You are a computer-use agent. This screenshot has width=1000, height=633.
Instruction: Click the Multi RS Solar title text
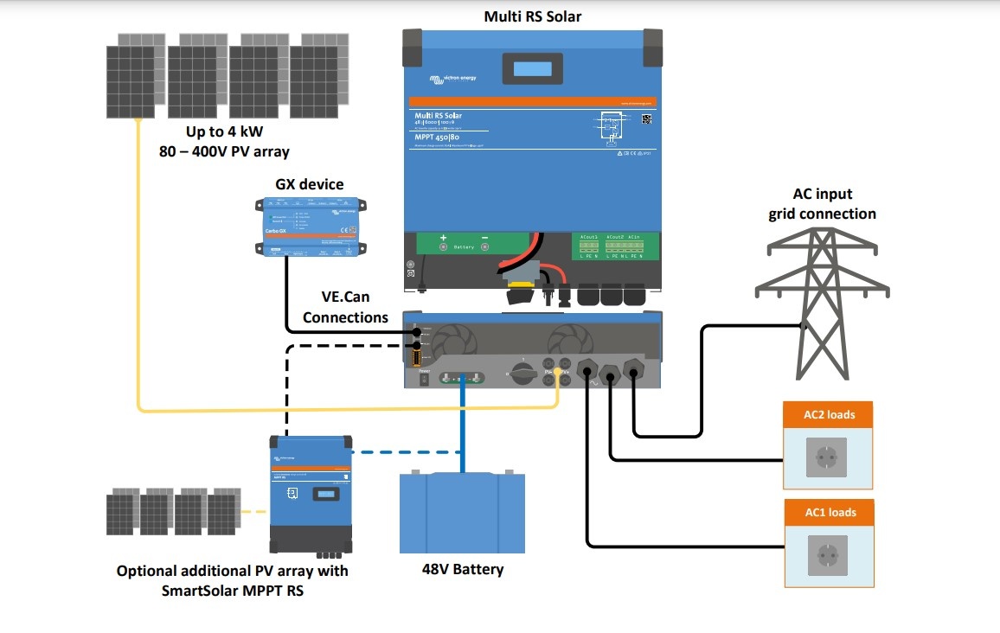[x=532, y=16]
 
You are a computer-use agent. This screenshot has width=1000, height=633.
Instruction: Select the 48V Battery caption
[x=462, y=569]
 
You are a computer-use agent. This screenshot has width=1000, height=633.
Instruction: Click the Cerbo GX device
[x=309, y=227]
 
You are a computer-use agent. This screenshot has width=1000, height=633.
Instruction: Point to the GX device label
[x=309, y=184]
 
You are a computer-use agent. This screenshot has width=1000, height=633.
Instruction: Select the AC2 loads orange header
[x=828, y=414]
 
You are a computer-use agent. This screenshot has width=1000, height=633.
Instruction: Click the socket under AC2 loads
[x=827, y=456]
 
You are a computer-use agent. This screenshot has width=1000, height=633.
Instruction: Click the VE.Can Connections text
[x=345, y=309]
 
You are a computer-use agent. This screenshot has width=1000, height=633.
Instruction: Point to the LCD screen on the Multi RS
[x=531, y=69]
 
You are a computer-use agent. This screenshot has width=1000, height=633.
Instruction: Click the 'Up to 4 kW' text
[x=225, y=132]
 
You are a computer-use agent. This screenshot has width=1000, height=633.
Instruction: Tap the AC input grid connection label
[x=822, y=204]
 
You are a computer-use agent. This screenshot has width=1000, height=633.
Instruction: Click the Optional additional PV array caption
[x=233, y=580]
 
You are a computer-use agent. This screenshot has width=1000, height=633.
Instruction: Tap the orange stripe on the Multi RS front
[x=532, y=101]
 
